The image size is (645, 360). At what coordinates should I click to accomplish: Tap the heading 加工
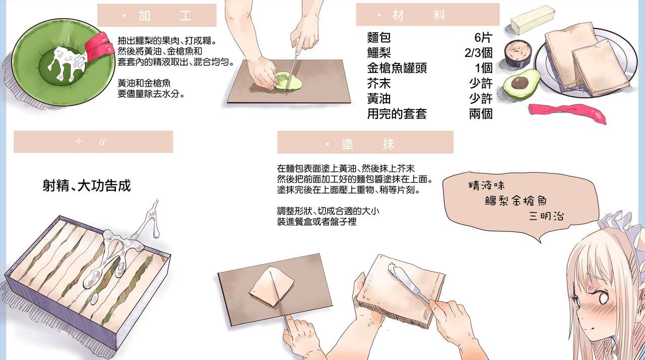pos(157,16)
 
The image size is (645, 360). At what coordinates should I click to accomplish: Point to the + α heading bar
pos(93,142)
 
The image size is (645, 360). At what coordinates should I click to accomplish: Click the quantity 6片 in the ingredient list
pos(483,38)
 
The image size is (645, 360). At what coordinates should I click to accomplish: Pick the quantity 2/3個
pos(478,53)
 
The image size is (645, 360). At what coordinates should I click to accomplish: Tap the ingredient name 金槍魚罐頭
pos(397,68)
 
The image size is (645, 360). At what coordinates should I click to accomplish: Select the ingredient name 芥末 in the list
pos(379,83)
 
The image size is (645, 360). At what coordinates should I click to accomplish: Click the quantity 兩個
pos(480,113)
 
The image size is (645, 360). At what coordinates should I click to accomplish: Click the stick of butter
pos(532,21)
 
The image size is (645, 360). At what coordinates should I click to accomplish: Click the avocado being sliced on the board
pos(287,81)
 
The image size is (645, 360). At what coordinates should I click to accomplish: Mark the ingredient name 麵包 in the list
pos(379,38)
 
